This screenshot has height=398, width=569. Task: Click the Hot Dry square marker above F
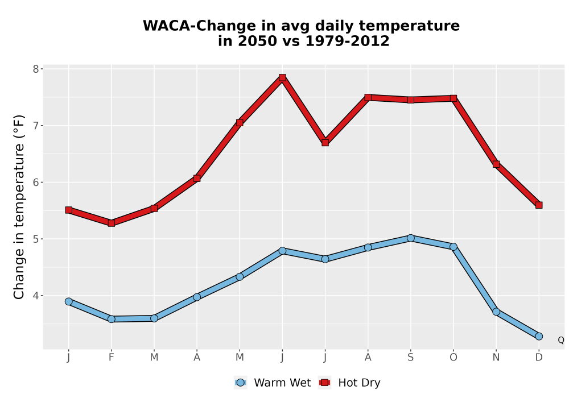112,223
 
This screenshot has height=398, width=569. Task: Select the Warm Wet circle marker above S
410,238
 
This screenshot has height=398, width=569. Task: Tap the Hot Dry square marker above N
496,164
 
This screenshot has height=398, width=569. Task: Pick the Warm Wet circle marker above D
539,337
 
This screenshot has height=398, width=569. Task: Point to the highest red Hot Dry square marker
282,77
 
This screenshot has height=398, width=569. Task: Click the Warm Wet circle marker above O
453,247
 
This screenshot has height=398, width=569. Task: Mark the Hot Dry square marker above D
539,205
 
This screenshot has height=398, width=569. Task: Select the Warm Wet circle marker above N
496,312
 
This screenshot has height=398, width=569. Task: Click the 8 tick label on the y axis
35,69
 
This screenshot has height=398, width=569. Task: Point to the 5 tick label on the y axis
35,239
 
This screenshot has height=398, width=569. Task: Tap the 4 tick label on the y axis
35,296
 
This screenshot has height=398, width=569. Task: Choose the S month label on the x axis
410,358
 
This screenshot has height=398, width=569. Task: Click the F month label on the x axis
112,358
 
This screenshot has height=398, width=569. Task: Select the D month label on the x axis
539,358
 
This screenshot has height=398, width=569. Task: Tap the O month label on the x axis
453,358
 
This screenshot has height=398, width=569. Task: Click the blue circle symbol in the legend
240,383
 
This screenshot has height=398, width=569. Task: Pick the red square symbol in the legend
325,383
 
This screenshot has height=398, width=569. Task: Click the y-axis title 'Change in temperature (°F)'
19,207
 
